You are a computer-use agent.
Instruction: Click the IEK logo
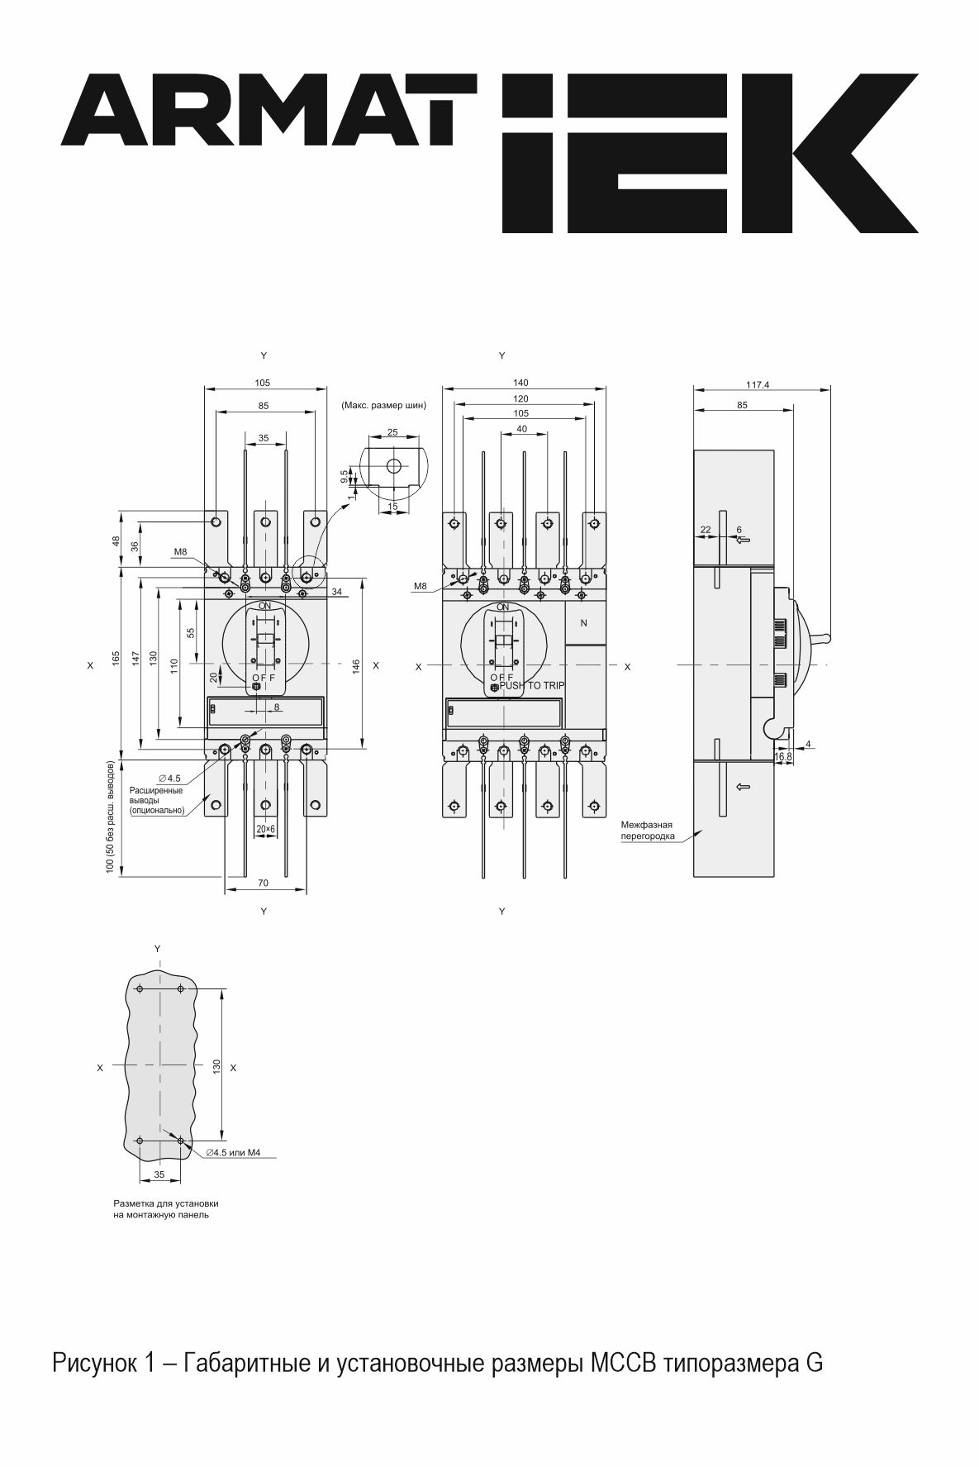pos(709,153)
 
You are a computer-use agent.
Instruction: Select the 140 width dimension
pos(520,383)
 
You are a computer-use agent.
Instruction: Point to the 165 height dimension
pos(116,657)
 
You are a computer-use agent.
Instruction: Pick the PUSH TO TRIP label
pos(532,686)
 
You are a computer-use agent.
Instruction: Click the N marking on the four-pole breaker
pos(584,623)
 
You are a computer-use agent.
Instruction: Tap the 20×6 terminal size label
pos(265,828)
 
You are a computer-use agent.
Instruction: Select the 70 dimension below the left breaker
pos(263,884)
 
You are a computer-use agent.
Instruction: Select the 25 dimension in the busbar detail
pos(392,432)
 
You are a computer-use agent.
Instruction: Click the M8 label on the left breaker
pos(181,552)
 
